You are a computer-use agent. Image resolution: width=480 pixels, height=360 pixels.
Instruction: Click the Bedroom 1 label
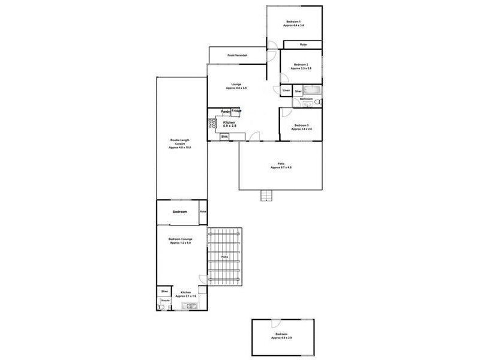(x=294, y=23)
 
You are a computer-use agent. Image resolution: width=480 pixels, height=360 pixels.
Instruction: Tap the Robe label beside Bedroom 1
(x=303, y=44)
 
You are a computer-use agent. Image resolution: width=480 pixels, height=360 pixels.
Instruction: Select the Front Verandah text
(x=238, y=56)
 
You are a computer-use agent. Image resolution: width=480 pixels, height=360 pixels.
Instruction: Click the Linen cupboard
(x=286, y=91)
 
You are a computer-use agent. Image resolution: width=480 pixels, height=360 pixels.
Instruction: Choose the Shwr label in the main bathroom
(x=298, y=91)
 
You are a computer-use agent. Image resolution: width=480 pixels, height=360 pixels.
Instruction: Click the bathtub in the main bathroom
(x=314, y=91)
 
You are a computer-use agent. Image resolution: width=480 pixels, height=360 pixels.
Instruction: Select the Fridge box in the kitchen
(x=236, y=111)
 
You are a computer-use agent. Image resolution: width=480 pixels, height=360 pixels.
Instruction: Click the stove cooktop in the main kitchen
(x=212, y=125)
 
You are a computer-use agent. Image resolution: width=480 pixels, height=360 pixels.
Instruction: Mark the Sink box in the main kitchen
(x=224, y=137)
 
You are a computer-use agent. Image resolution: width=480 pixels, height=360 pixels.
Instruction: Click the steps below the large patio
(x=266, y=196)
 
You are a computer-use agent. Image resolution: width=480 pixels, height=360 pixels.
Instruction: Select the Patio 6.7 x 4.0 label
(x=280, y=166)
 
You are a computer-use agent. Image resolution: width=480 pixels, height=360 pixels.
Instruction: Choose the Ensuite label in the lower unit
(x=164, y=299)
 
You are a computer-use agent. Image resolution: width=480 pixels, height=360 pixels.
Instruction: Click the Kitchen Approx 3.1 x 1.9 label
(x=185, y=294)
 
